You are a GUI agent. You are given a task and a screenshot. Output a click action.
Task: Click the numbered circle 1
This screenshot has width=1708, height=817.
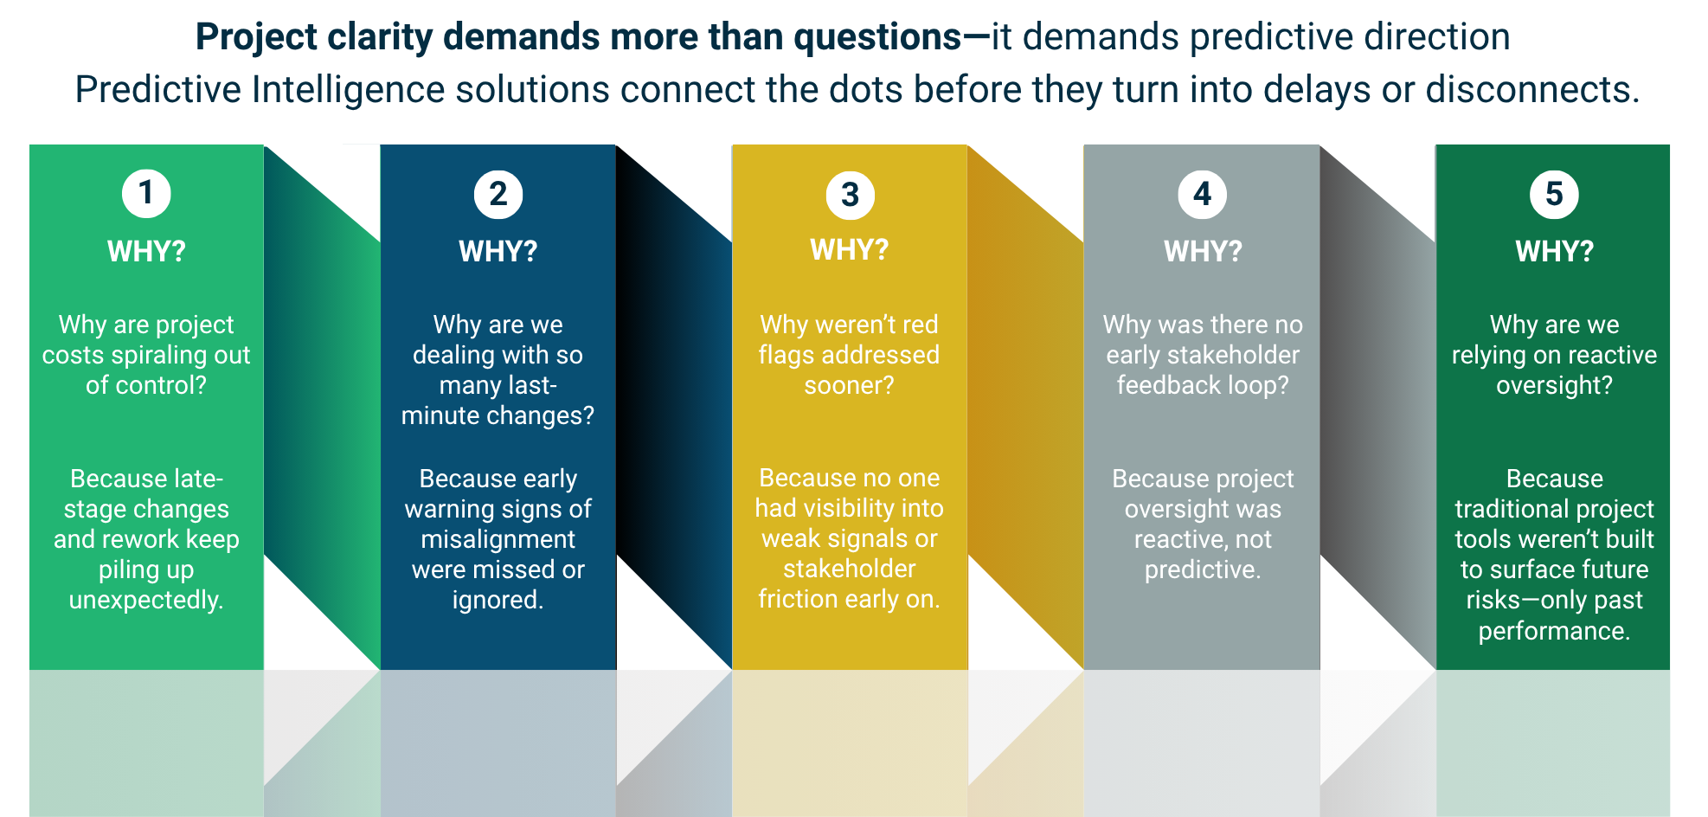tap(146, 193)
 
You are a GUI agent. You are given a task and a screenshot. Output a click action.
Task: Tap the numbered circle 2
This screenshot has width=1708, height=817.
tap(498, 194)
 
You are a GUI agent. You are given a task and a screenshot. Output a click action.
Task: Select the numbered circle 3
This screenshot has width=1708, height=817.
tap(850, 195)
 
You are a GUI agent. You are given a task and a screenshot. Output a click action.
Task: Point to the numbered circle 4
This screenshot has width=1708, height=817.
tap(1202, 194)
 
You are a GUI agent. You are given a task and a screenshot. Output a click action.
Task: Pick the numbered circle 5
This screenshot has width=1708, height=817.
tap(1554, 194)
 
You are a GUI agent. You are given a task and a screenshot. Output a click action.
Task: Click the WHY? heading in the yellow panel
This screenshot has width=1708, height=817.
tap(850, 250)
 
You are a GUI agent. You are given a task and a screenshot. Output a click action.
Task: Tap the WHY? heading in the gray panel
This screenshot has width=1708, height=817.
tap(1202, 252)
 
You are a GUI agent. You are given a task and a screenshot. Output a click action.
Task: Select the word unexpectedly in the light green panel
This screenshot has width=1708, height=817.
tap(145, 600)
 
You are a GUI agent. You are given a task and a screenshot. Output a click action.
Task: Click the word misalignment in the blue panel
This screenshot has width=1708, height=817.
tap(498, 539)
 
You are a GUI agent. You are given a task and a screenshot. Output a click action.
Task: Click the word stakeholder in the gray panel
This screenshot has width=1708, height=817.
tap(1245, 355)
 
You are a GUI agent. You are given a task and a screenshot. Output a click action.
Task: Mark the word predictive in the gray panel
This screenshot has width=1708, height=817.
tap(1202, 569)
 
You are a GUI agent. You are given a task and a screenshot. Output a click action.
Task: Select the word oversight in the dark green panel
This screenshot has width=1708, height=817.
tap(1554, 385)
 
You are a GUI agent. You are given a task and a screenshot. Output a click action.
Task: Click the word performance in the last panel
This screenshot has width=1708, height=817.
tap(1554, 631)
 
